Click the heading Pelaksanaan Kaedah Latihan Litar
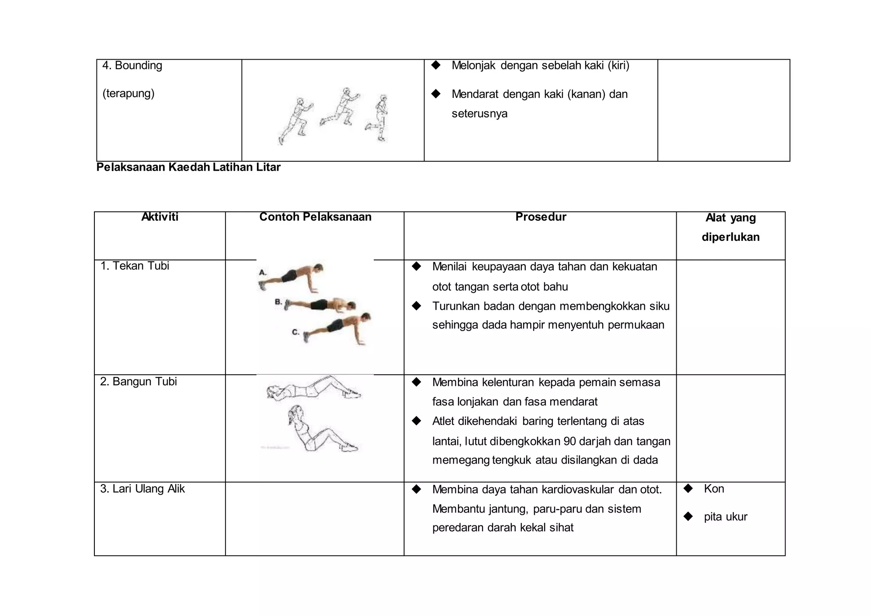point(188,167)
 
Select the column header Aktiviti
point(159,217)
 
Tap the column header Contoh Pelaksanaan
point(315,217)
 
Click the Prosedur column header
point(541,217)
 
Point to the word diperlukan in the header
point(730,237)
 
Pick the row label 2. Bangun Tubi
point(138,382)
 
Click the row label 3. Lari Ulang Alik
point(142,489)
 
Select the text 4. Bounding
point(132,66)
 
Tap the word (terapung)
point(128,93)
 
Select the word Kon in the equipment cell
point(714,489)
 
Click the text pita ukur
point(725,517)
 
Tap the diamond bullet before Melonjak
point(435,65)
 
